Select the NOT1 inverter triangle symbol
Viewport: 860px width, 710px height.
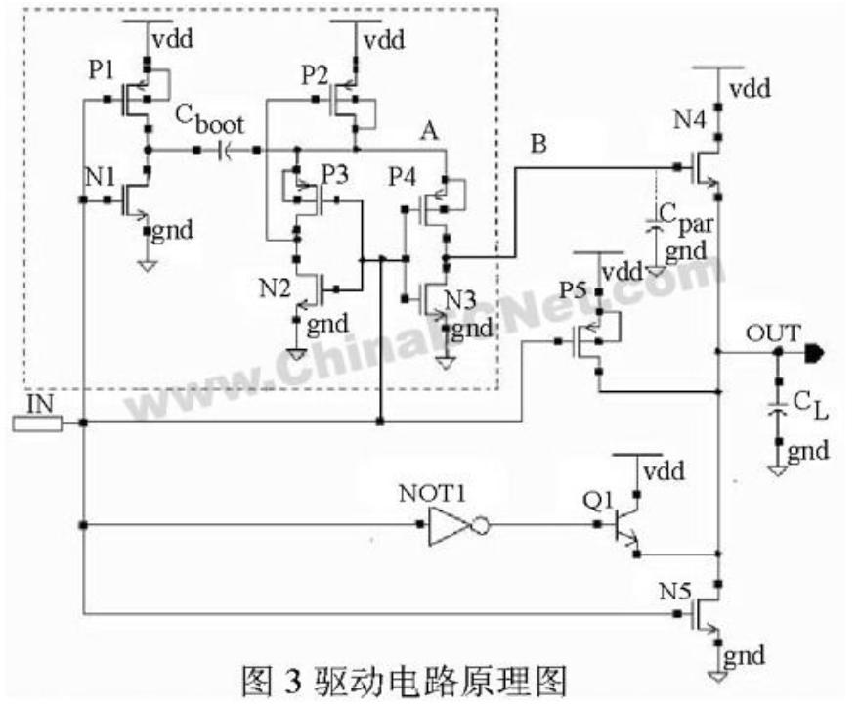point(451,526)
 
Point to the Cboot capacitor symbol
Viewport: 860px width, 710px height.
point(227,150)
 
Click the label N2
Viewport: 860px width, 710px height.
point(275,288)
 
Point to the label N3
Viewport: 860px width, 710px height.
point(460,298)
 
